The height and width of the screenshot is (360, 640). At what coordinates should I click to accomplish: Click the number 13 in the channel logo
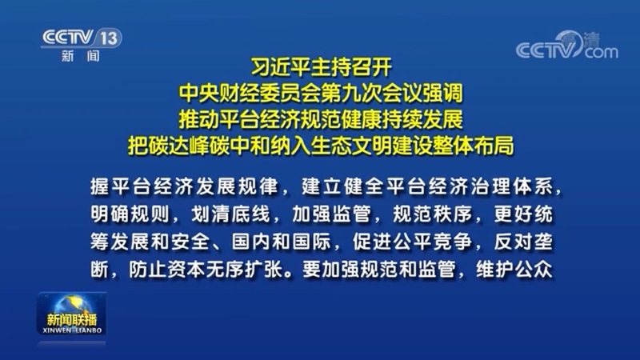pyautogui.click(x=109, y=38)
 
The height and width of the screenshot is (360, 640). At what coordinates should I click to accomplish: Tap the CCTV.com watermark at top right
pyautogui.click(x=567, y=45)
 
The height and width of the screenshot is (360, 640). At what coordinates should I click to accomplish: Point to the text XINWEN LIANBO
pyautogui.click(x=72, y=330)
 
